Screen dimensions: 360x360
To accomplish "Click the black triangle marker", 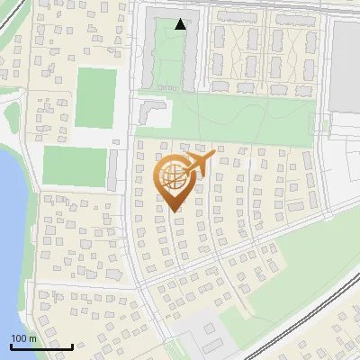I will click(x=181, y=24).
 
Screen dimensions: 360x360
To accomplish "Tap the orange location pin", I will click(x=175, y=181).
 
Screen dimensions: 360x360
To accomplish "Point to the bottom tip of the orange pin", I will click(x=175, y=211).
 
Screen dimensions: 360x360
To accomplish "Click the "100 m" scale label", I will click(x=24, y=338).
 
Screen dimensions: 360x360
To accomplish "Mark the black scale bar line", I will click(x=41, y=346).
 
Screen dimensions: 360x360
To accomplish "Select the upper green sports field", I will click(x=95, y=97).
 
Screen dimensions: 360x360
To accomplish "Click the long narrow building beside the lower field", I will click(x=112, y=169).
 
